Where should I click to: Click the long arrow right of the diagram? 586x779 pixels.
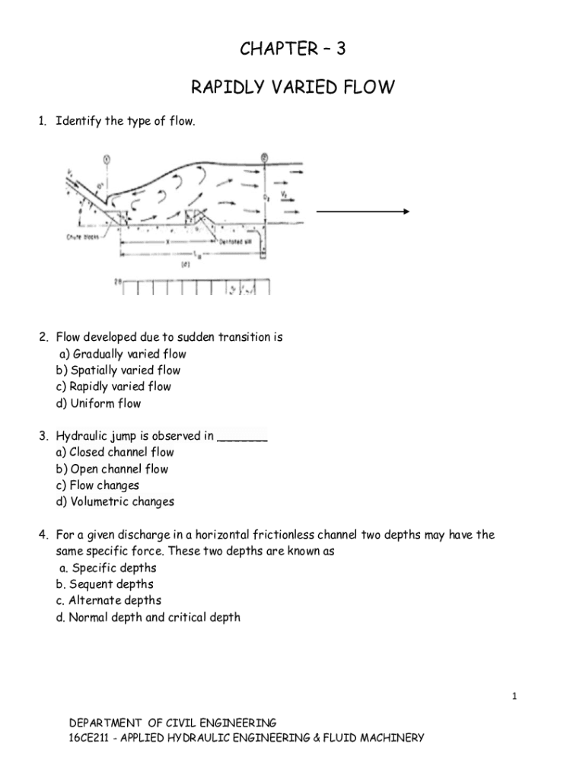(363, 212)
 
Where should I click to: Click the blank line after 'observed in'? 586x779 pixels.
(242, 437)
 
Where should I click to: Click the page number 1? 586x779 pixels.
(514, 695)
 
